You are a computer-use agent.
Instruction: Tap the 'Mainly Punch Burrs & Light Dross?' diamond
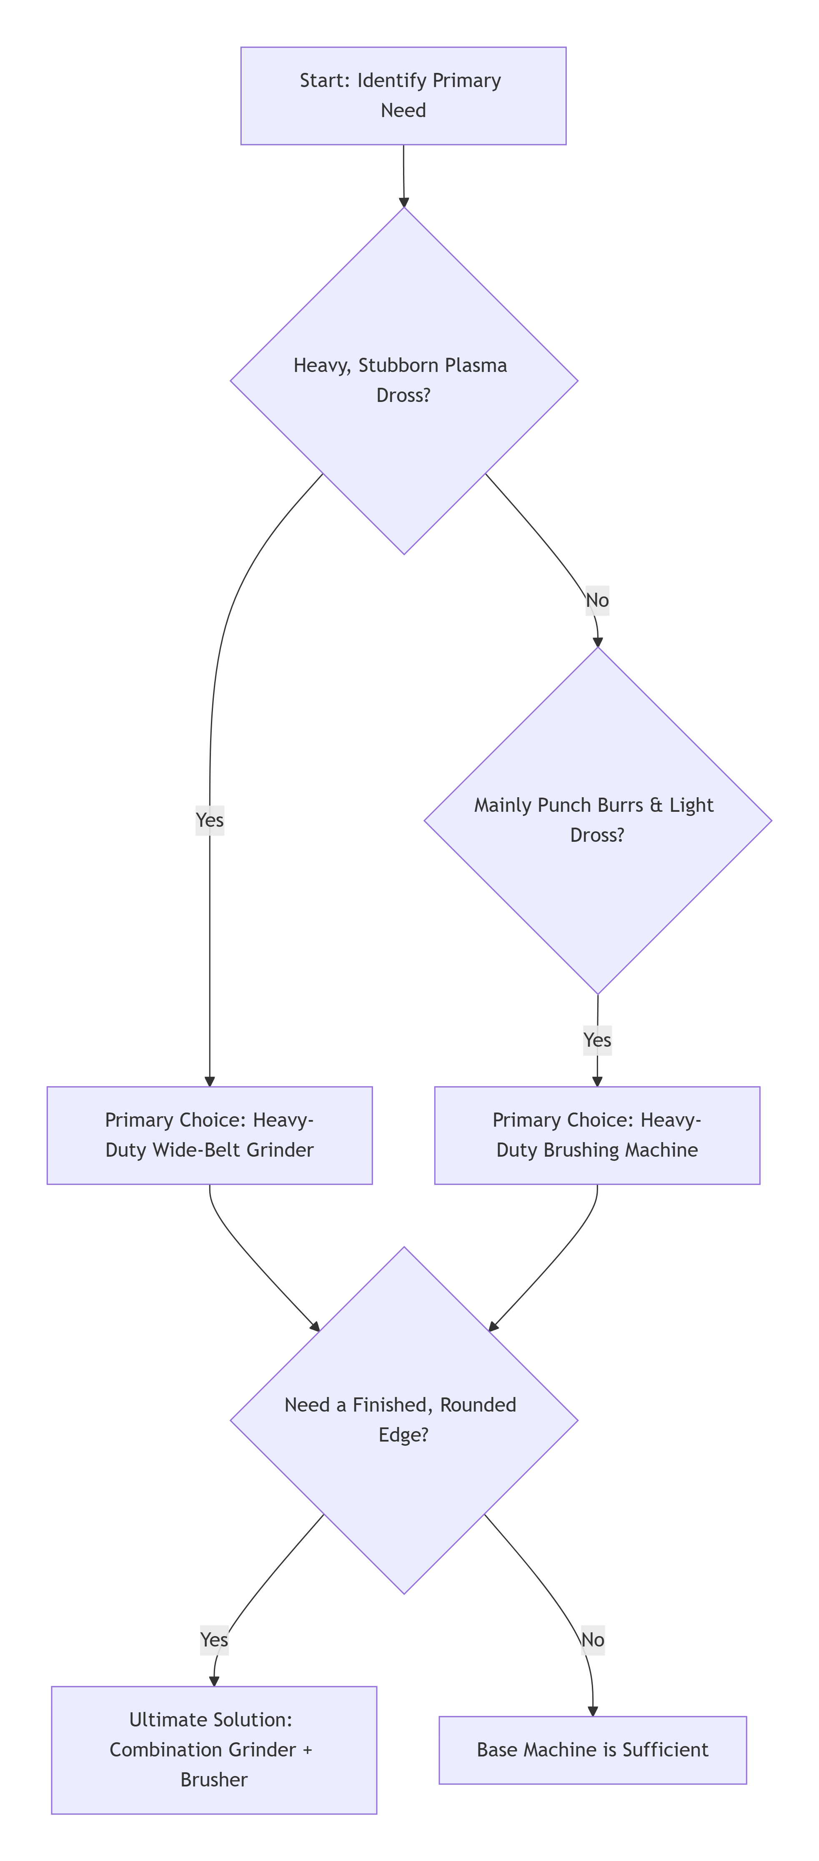[x=597, y=820]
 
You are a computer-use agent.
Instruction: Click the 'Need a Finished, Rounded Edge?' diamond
[x=403, y=1419]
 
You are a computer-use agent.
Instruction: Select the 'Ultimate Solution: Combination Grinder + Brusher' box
[x=214, y=1749]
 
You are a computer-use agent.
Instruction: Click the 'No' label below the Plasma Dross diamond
[x=597, y=600]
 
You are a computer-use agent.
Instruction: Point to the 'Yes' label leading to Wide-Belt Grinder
[x=210, y=820]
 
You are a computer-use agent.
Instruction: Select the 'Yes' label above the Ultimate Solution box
[x=214, y=1640]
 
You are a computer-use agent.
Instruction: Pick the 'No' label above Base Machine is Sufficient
[x=593, y=1640]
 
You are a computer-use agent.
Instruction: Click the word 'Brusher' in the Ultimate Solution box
[x=214, y=1779]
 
